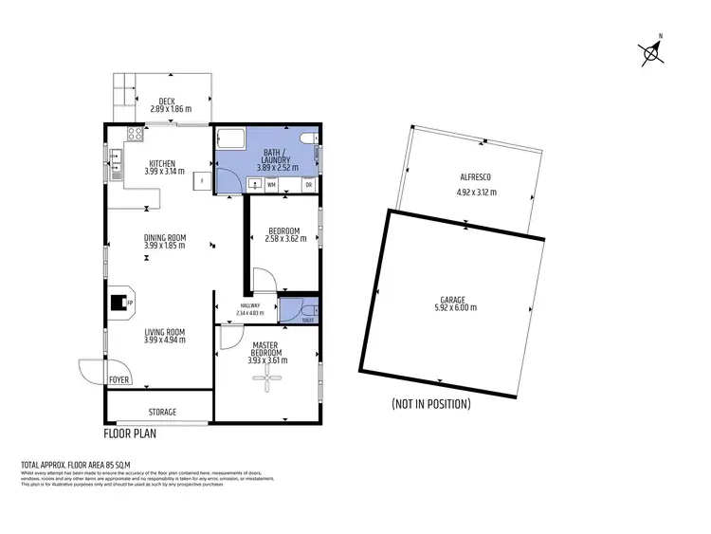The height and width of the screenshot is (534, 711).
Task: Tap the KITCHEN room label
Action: (162, 163)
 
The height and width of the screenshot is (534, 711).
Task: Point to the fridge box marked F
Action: (201, 179)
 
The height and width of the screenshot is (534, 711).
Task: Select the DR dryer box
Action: (308, 184)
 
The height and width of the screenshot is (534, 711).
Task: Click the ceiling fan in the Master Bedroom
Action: (268, 379)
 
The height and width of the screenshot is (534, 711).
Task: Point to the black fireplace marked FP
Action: (119, 303)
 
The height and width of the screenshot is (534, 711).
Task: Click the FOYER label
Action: (119, 379)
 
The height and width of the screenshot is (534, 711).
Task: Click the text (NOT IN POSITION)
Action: (430, 404)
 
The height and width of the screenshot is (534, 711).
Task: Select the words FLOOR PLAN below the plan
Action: (130, 435)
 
